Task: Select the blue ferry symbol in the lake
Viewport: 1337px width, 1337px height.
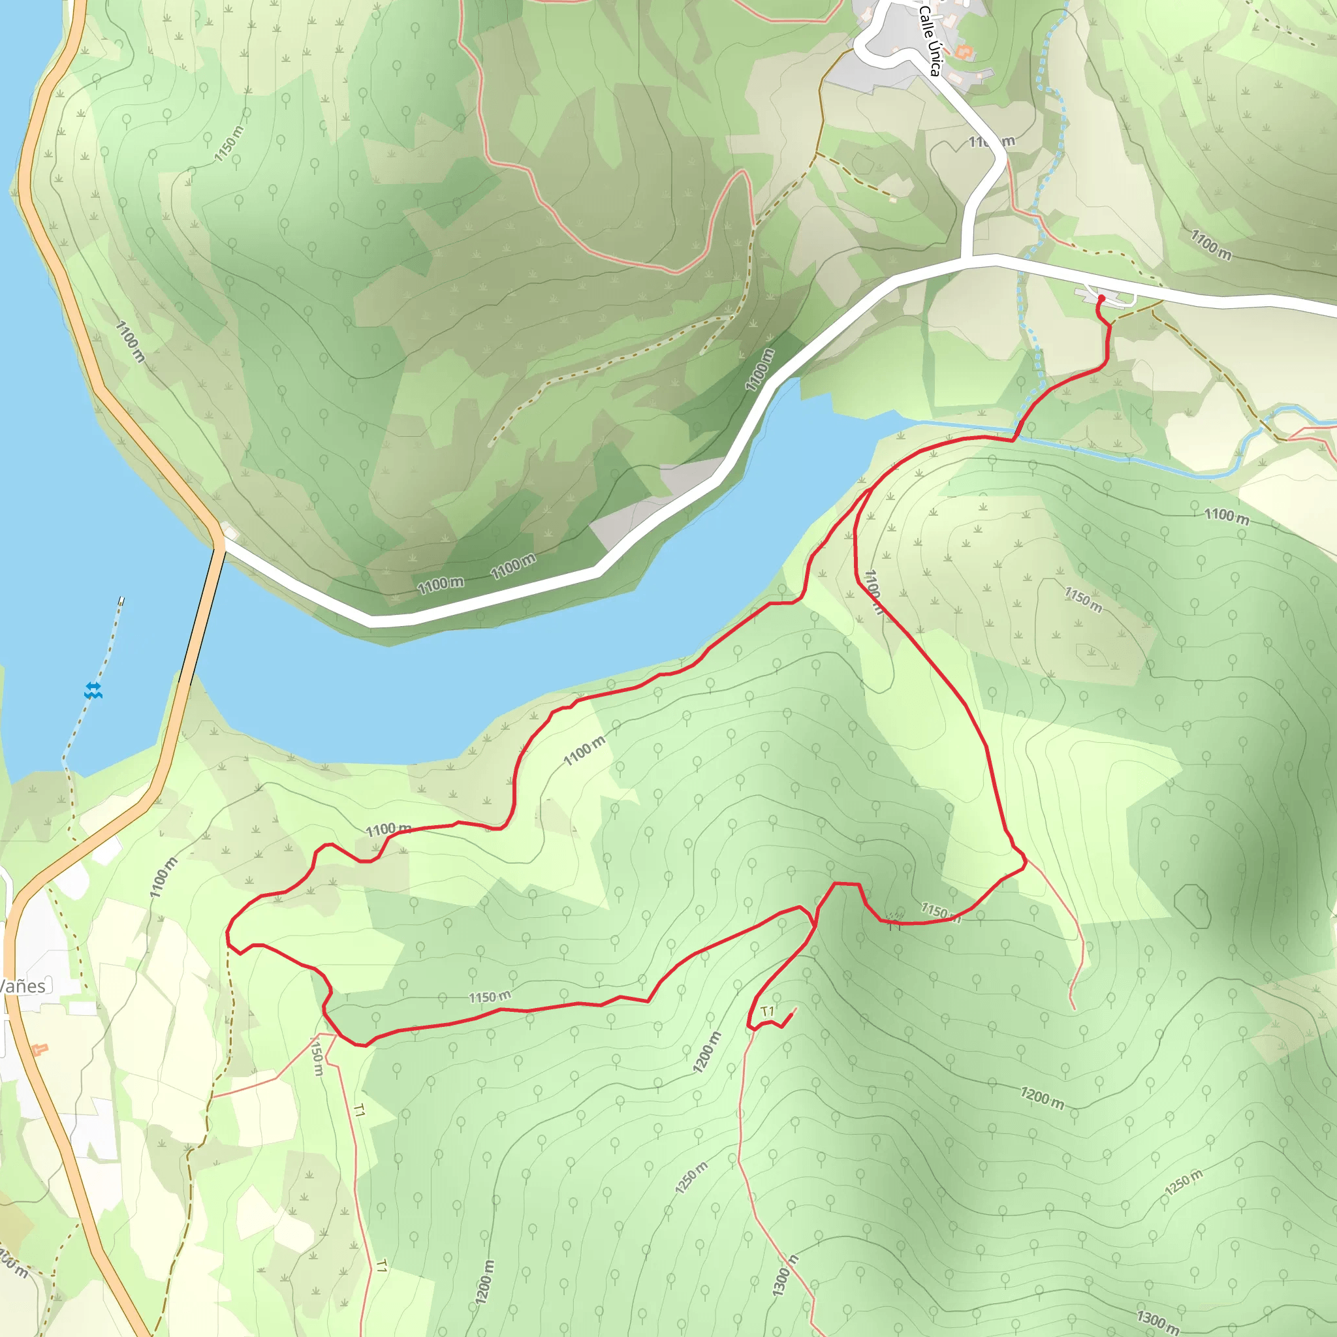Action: tap(93, 690)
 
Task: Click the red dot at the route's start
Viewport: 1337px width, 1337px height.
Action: tap(1101, 298)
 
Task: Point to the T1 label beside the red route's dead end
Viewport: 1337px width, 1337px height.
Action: tap(768, 1012)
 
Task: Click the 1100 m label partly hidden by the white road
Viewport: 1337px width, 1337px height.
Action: tap(991, 142)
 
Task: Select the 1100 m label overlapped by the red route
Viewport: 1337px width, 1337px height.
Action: tap(874, 592)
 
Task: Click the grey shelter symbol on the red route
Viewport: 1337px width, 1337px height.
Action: tap(895, 919)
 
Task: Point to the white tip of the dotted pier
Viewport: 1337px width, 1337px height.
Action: tap(122, 601)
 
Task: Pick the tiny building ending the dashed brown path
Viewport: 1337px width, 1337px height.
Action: tap(892, 199)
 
